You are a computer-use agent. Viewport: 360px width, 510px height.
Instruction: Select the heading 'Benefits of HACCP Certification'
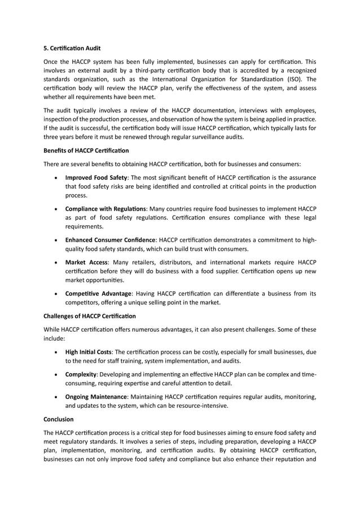point(86,151)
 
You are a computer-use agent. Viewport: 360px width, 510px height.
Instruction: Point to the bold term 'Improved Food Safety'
point(95,177)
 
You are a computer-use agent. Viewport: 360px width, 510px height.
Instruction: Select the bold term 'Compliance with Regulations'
point(106,208)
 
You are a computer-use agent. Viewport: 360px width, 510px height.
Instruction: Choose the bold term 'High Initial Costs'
point(88,352)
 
